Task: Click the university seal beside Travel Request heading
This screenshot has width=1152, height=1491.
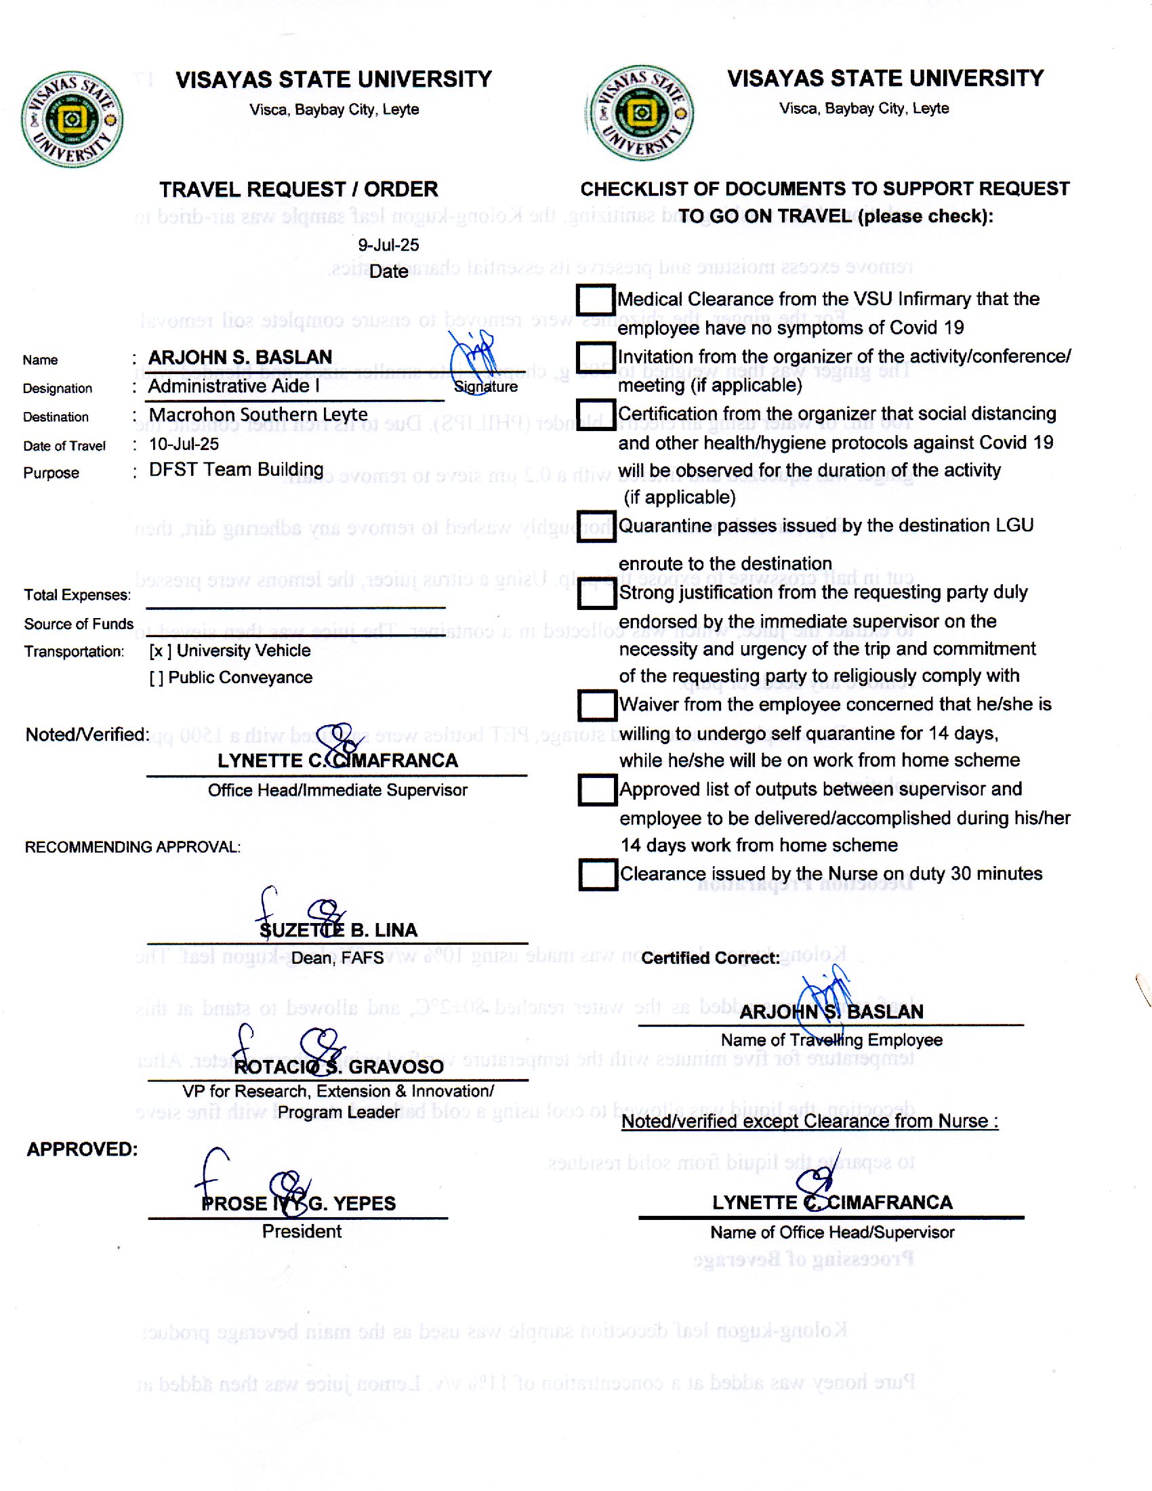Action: (73, 119)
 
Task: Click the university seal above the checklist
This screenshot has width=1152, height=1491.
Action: (642, 113)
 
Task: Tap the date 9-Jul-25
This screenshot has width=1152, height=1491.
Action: (388, 245)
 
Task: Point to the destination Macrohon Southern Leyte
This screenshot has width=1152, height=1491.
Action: (258, 415)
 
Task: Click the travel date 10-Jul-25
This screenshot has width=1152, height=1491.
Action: (184, 445)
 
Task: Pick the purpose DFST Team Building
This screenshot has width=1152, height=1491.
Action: (236, 470)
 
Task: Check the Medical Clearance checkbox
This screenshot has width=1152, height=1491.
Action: (596, 300)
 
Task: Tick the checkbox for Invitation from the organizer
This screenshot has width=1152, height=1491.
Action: (596, 357)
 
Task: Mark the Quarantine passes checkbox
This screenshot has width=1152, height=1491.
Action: (596, 527)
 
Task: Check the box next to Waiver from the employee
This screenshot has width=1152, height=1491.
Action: (597, 706)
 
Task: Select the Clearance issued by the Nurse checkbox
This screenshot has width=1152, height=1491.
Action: (598, 874)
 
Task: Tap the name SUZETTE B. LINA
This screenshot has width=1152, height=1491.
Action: (339, 931)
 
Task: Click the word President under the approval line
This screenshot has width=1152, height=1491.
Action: (302, 1231)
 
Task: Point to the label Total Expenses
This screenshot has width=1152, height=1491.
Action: (77, 595)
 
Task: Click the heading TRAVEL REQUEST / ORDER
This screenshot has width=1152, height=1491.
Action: (299, 189)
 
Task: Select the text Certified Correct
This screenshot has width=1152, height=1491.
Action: (710, 958)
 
